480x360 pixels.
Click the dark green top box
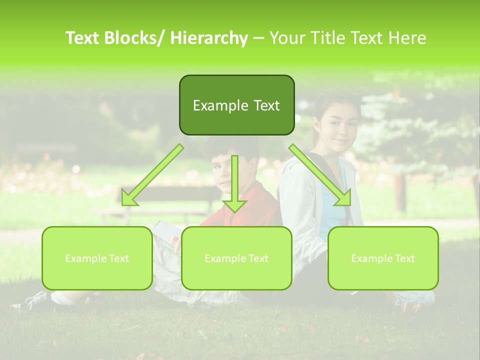pyautogui.click(x=236, y=105)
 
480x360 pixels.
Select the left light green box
pyautogui.click(x=97, y=258)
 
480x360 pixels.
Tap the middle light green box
pyautogui.click(x=236, y=258)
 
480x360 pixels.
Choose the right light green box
pyautogui.click(x=383, y=258)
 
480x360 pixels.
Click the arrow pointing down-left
pyautogui.click(x=152, y=175)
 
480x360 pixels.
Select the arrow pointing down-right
pyautogui.click(x=320, y=175)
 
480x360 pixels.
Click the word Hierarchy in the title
pyautogui.click(x=208, y=38)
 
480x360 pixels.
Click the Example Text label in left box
pyautogui.click(x=97, y=258)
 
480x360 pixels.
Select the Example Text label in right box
pyautogui.click(x=383, y=258)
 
